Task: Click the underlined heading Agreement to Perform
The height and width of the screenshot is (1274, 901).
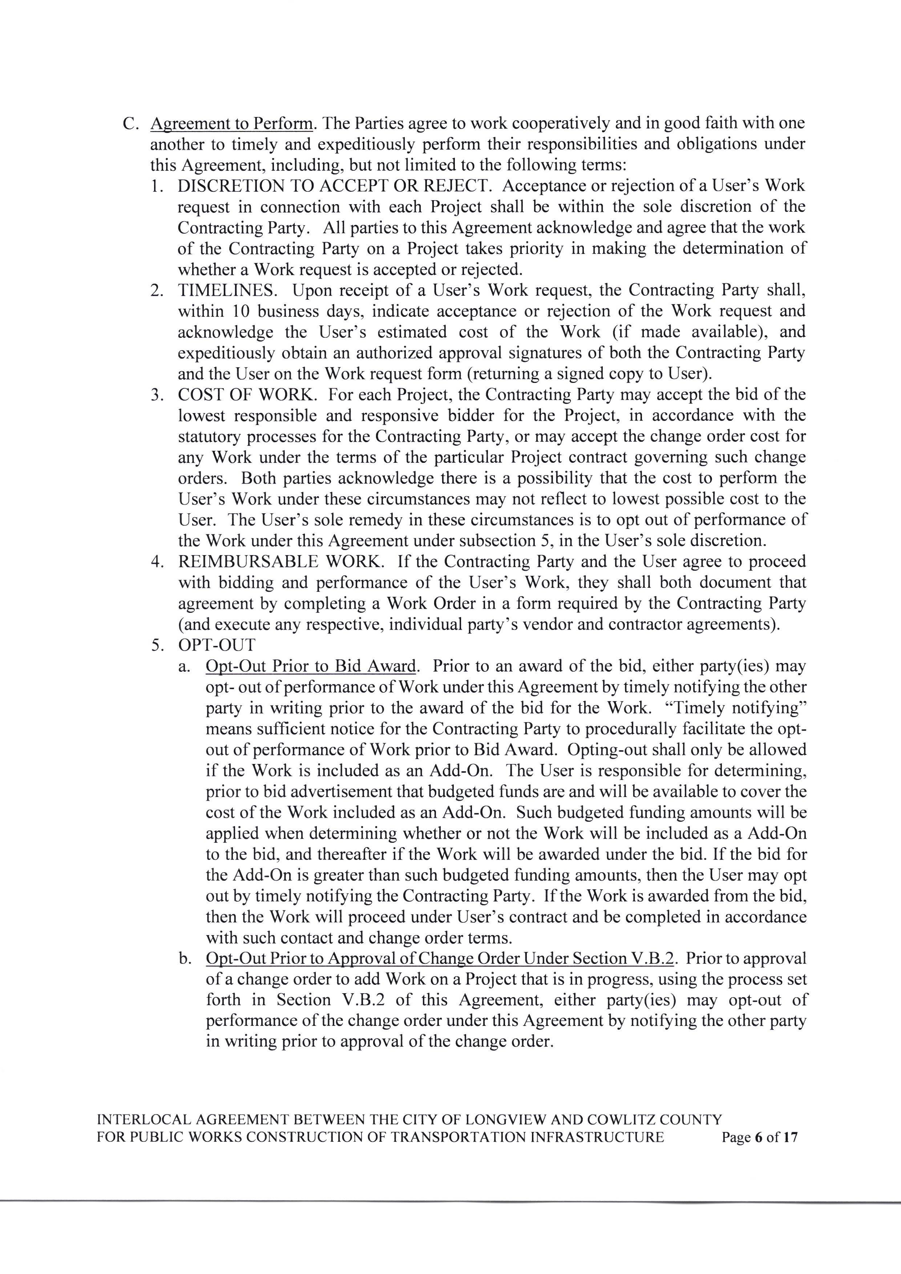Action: pos(231,123)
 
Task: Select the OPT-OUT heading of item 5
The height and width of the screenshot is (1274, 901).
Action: pos(217,645)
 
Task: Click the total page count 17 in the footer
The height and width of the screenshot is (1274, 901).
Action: pos(790,1137)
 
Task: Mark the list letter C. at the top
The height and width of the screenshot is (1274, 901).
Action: pos(130,123)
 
